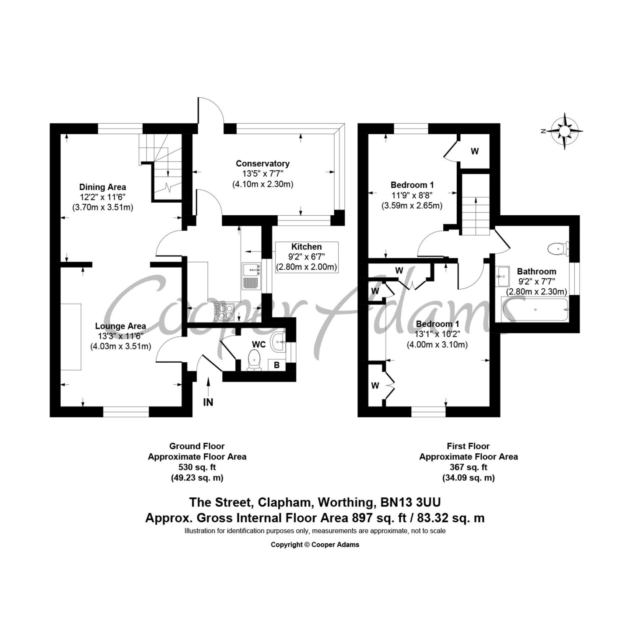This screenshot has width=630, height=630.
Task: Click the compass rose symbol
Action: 564,131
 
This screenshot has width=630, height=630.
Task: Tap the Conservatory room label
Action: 262,163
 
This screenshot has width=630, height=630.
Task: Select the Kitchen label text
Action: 306,246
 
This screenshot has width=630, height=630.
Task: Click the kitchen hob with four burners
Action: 224,311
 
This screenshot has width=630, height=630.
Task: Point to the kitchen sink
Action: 252,276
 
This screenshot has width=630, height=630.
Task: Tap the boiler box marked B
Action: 276,365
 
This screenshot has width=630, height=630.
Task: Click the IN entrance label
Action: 208,402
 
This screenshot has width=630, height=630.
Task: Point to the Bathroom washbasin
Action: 502,276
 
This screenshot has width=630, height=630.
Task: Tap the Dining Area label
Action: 103,187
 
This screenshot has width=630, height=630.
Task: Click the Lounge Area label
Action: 120,326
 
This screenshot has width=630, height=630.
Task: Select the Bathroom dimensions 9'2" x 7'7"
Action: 536,281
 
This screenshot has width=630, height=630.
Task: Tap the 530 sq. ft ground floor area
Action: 197,467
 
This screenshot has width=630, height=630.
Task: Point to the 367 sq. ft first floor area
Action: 469,467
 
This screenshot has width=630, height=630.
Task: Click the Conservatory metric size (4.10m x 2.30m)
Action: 263,184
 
